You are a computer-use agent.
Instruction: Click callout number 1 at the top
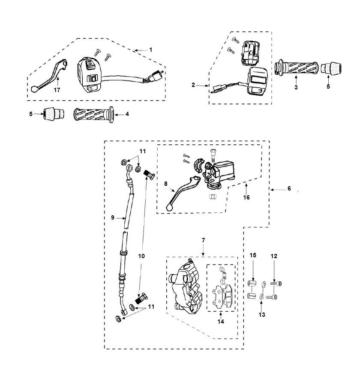tap(151, 50)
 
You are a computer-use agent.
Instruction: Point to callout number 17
tap(57, 91)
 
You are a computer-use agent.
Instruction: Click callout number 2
tap(193, 85)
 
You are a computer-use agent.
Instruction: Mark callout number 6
tap(289, 189)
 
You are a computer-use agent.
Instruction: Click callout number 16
tap(246, 197)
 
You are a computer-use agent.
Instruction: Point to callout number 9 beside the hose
tap(112, 217)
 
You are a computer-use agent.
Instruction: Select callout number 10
tap(141, 256)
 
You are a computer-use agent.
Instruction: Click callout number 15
tap(253, 255)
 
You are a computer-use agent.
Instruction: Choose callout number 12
tap(274, 256)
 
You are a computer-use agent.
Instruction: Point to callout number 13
tap(261, 315)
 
